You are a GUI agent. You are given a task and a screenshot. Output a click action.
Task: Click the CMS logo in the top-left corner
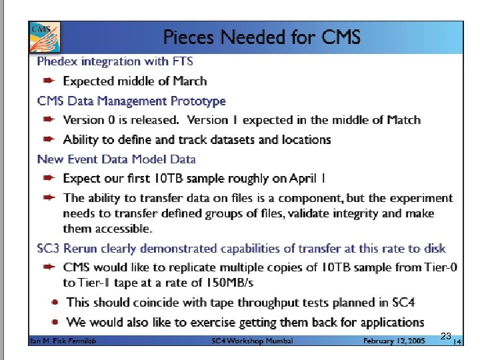[42, 36]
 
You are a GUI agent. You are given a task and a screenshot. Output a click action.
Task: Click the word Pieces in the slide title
[188, 37]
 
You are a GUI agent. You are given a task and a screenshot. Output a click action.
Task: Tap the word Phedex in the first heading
[57, 62]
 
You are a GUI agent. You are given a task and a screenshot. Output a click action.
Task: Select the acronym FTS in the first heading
[181, 62]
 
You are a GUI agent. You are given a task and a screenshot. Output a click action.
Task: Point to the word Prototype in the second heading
[198, 101]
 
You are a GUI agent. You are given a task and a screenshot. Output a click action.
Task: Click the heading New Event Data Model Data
[117, 159]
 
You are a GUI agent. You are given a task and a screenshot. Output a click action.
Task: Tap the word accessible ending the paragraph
[123, 229]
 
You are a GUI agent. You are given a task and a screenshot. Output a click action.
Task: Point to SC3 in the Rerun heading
[49, 249]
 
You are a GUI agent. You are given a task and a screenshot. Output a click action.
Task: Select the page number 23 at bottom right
[447, 336]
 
